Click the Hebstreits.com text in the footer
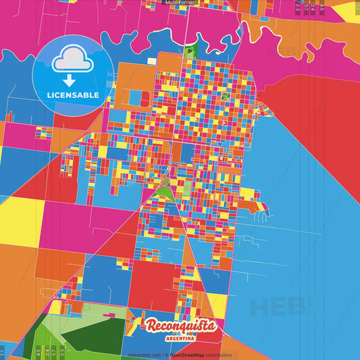coord(143,355)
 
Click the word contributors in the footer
coord(219,355)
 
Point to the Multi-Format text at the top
coord(180,3)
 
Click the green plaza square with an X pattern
coord(226,98)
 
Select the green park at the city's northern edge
coord(190,50)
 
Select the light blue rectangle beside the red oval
coord(135,99)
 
